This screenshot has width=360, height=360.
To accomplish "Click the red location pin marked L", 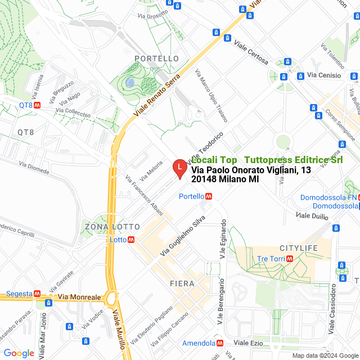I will [178, 168].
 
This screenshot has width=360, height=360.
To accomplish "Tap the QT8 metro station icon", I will [37, 105].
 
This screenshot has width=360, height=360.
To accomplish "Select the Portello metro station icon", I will [209, 196].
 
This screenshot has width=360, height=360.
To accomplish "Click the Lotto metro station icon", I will [131, 239].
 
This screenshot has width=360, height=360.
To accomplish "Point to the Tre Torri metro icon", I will [290, 258].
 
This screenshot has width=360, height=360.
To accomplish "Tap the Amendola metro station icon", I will [221, 343].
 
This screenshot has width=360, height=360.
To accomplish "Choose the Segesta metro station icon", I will [37, 294].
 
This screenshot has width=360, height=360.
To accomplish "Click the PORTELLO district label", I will [157, 58].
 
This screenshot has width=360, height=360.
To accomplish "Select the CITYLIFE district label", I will [299, 248].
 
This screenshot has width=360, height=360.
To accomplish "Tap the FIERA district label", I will [182, 283].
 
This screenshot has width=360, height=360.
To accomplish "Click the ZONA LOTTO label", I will [112, 227].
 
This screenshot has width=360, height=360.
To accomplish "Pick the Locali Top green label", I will [214, 160].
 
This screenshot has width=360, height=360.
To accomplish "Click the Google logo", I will [19, 353].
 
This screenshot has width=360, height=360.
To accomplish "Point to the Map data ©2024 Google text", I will [325, 355].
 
